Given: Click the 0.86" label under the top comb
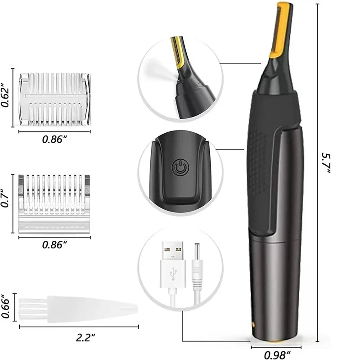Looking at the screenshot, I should pos(54,139).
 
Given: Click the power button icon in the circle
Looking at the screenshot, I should pos(180,169).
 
